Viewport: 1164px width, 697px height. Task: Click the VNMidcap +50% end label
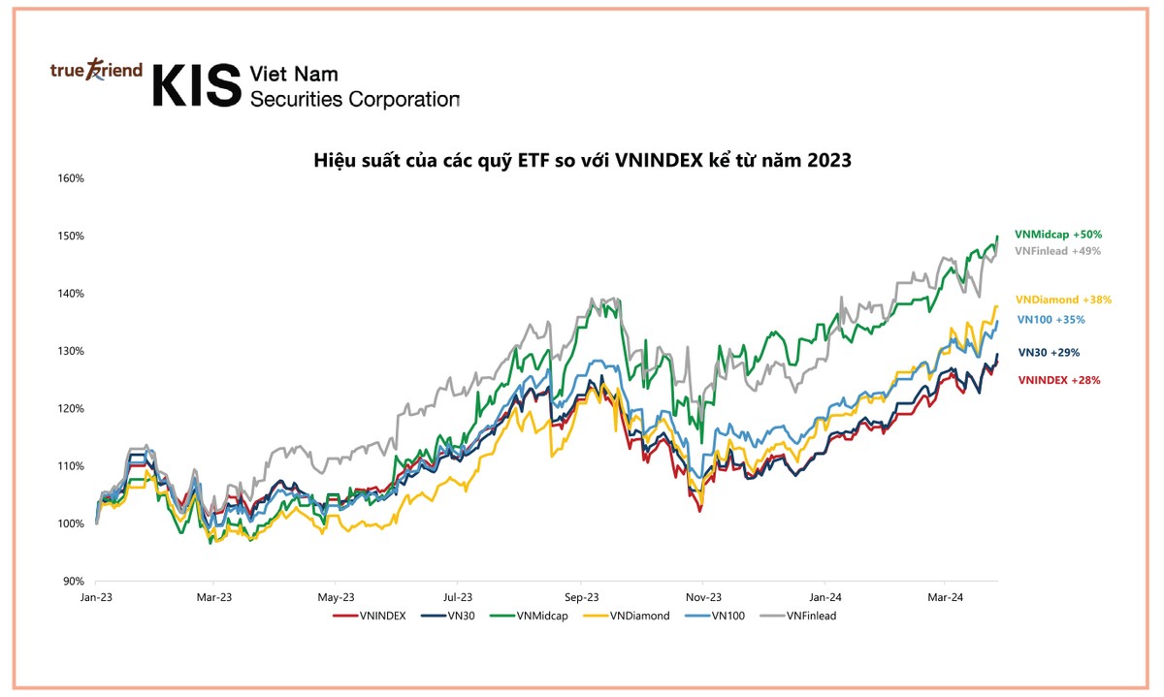click(x=1057, y=235)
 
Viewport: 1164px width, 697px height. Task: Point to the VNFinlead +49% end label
click(x=1057, y=251)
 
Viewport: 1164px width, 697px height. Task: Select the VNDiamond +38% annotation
click(x=1063, y=301)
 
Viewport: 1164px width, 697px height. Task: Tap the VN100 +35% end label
click(x=1051, y=319)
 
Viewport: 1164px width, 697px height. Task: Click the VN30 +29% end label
click(x=1049, y=353)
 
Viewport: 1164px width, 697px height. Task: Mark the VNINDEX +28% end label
click(x=1059, y=380)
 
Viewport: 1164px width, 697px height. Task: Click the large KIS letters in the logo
click(x=196, y=86)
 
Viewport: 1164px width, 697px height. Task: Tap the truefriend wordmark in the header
click(x=96, y=71)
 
